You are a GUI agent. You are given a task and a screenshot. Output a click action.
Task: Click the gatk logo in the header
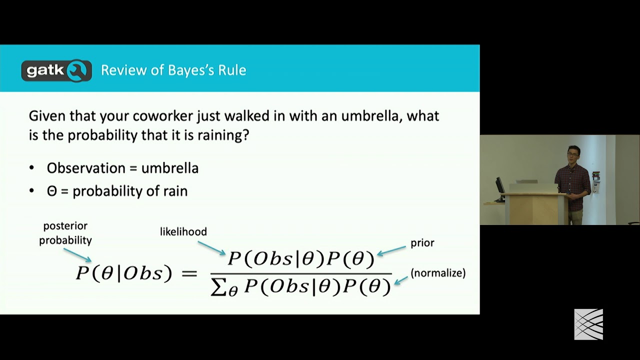(56, 70)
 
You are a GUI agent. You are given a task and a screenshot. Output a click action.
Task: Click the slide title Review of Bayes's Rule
(173, 70)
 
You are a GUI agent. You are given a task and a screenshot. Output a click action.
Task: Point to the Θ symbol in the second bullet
(52, 191)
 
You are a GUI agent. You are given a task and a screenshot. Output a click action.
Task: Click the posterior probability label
(65, 233)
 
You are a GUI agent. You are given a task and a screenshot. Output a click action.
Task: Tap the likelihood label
(183, 231)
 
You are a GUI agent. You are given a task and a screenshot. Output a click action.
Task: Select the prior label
(422, 243)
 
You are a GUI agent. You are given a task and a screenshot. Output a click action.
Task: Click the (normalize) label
(438, 273)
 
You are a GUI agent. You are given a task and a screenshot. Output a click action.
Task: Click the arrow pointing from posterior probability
(78, 254)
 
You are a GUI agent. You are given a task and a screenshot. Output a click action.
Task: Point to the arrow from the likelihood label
(211, 247)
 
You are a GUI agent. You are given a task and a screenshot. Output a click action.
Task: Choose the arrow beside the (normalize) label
(401, 280)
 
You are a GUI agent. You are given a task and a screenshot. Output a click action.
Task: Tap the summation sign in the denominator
(218, 286)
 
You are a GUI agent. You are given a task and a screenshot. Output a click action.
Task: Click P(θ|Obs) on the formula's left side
(123, 273)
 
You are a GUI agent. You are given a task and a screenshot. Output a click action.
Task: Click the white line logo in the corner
(588, 324)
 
